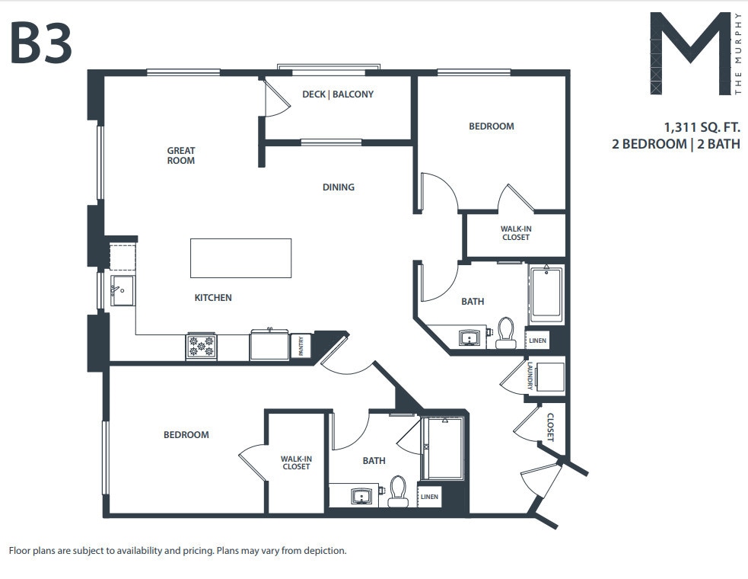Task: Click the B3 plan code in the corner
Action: [41, 43]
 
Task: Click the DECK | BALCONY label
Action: [338, 94]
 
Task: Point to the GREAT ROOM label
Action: [181, 155]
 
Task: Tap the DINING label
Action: [339, 187]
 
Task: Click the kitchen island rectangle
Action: [240, 258]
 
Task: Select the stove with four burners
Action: [202, 347]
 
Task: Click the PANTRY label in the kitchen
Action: [301, 347]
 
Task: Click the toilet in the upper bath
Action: [506, 334]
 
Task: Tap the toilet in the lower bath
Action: [398, 491]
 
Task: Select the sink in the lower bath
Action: [360, 496]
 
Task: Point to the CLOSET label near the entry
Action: [550, 427]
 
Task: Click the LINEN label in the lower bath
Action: [429, 497]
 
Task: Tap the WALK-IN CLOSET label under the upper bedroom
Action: [515, 232]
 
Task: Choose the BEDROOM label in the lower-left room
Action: [186, 434]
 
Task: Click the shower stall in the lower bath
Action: [444, 449]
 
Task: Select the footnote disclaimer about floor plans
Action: [177, 550]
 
